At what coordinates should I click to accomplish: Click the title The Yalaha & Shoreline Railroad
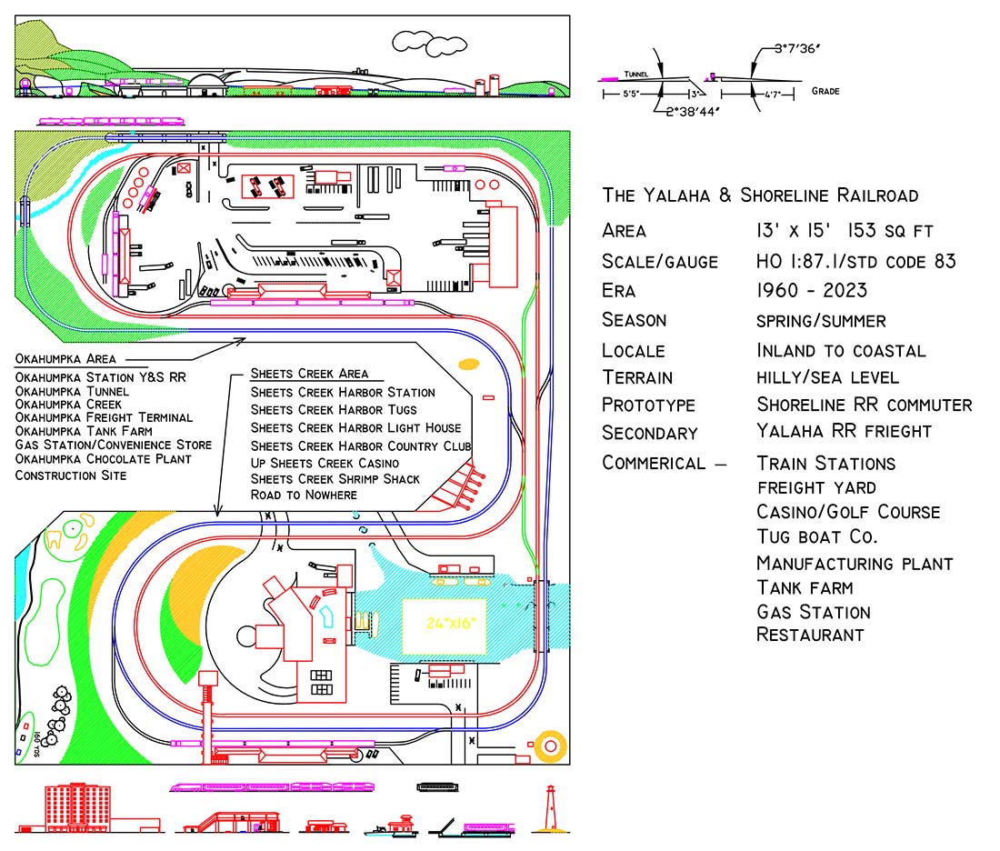coord(760,195)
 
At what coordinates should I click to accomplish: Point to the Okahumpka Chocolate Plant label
coord(103,459)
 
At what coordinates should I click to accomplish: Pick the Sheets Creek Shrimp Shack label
coord(335,478)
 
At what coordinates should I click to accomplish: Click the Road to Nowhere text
coord(304,495)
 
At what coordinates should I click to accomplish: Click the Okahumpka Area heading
coord(71,358)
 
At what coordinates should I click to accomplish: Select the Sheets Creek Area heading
coord(309,374)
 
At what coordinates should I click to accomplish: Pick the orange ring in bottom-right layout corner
coord(550,746)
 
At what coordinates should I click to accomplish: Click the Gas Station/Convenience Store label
coord(113,445)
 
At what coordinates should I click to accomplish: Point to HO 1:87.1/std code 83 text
coord(855,262)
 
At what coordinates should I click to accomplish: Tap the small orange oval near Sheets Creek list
coord(468,365)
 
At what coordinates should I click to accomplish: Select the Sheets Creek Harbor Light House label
coord(355,427)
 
